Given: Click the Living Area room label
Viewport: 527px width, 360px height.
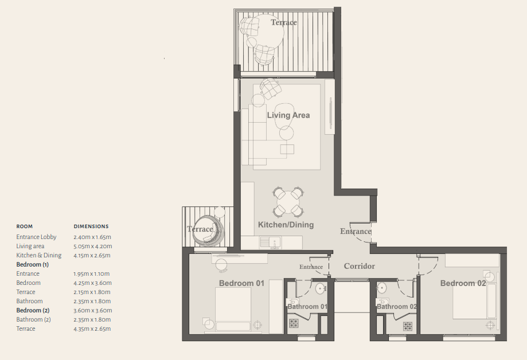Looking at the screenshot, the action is pyautogui.click(x=288, y=115).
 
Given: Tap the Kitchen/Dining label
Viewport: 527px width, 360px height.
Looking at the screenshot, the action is pyautogui.click(x=286, y=225).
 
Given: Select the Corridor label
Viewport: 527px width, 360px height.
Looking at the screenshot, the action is pyautogui.click(x=360, y=266).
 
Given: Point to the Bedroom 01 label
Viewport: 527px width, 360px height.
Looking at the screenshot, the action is pyautogui.click(x=241, y=283).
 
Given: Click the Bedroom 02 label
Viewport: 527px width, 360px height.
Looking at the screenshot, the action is pyautogui.click(x=463, y=283).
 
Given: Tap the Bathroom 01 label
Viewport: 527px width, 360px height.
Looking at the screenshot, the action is pyautogui.click(x=307, y=307).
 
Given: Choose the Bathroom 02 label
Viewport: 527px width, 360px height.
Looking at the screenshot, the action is pyautogui.click(x=397, y=307).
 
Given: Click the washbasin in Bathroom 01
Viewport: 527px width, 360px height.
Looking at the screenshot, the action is pyautogui.click(x=321, y=288).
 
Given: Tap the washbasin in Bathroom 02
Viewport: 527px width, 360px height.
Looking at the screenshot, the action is pyautogui.click(x=381, y=288).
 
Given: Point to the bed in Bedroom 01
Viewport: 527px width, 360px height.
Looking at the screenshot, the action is pyautogui.click(x=233, y=310).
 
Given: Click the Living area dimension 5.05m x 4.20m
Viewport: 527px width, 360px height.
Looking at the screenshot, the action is pyautogui.click(x=93, y=246).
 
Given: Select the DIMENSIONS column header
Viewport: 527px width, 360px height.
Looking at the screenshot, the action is pyautogui.click(x=91, y=226).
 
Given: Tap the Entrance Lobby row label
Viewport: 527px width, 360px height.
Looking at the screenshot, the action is pyautogui.click(x=36, y=237).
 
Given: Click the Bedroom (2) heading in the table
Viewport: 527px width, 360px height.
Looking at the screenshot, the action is pyautogui.click(x=33, y=310).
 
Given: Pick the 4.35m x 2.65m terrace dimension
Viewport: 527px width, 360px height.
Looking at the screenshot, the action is pyautogui.click(x=92, y=328).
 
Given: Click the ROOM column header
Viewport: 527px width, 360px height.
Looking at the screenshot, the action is pyautogui.click(x=25, y=226).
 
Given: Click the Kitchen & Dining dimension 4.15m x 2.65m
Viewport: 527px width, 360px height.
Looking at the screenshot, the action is pyautogui.click(x=92, y=256).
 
